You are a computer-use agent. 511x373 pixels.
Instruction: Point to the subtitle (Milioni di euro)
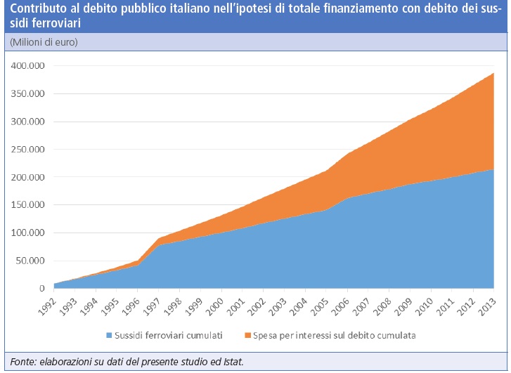pos(44,42)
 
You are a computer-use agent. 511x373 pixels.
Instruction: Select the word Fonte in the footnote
pos(20,362)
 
